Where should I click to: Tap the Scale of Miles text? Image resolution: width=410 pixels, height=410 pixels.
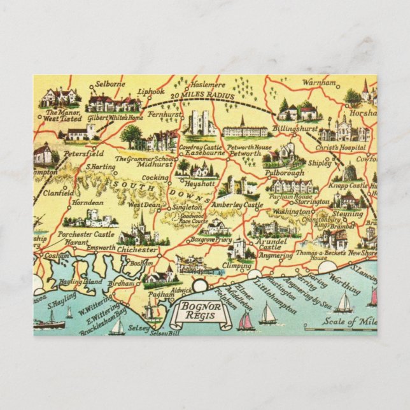(353, 321)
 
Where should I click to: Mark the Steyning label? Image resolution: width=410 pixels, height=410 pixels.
(348, 214)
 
